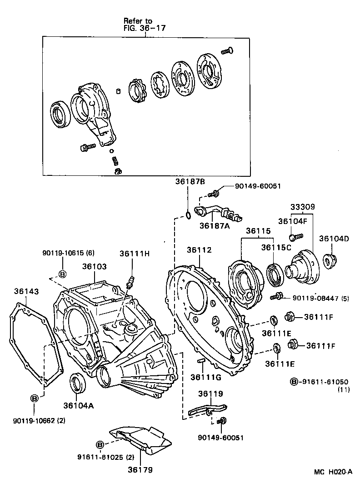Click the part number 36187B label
point(190,182)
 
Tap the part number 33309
point(302,207)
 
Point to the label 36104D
point(334,238)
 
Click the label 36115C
point(276,248)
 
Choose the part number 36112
point(200,249)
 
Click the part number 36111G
point(205,377)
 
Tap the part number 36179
point(140,470)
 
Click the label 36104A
point(78,406)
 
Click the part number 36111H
point(135,253)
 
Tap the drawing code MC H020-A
point(333,472)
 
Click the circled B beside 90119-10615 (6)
point(63,274)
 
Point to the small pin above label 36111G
point(200,362)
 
